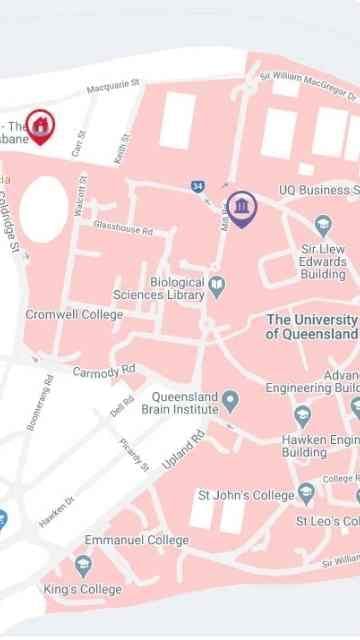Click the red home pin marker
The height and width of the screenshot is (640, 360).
pos(40,126)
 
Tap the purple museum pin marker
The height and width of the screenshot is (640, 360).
pos(241,208)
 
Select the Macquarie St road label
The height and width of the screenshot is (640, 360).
pos(113,89)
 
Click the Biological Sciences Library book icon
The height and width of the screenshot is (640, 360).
pos(217,288)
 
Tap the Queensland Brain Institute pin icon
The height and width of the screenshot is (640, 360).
pos(231,402)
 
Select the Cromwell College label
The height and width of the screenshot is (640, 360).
pos(74,315)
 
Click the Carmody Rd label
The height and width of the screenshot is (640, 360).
pos(96,372)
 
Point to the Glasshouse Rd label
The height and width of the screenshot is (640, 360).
pos(123,228)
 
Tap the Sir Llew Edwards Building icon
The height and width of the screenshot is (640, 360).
pos(323,224)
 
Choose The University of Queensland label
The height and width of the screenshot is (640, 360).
pos(311,327)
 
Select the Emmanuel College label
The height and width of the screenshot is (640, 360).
pos(136,540)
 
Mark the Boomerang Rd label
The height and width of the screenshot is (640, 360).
pos(41,403)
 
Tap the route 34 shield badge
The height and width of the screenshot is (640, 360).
pos(198,186)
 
